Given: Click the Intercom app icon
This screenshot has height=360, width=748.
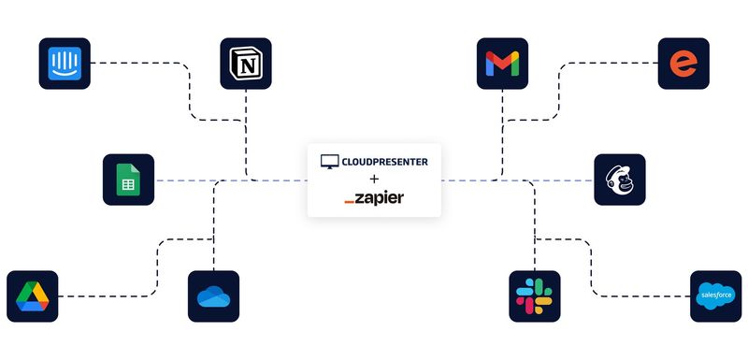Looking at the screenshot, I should pos(65,64).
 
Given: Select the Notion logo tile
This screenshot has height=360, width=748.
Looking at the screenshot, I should pos(246,64).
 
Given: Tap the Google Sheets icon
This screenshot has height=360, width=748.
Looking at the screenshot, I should pos(128,180).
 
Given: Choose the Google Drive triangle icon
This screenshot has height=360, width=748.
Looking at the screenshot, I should pos(32,296).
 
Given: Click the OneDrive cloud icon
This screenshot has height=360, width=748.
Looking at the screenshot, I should pos(213,296).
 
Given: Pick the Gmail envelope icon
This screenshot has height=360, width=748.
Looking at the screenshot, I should pos(502,64).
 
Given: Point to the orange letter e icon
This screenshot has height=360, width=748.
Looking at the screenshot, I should pos(683,64).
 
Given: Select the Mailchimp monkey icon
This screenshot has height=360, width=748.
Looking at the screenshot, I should pos(619,180).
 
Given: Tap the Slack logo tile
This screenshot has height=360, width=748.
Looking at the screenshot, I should pos(535,296).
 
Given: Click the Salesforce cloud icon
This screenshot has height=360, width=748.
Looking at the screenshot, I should pos(715,296).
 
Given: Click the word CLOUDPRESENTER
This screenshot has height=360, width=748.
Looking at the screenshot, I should pos(385,162).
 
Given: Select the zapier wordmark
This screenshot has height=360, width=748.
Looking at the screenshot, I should pos(381,198).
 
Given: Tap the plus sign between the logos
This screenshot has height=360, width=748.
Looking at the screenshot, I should pos(374,180).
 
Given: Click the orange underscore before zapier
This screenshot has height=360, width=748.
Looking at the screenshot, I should pos(350,203).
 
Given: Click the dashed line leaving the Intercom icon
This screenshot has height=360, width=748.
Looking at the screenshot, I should pos(140,64).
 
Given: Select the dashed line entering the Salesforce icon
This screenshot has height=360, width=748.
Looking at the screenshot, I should pos(645,296).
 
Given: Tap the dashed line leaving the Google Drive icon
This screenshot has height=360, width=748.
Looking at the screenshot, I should pos(103,296).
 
